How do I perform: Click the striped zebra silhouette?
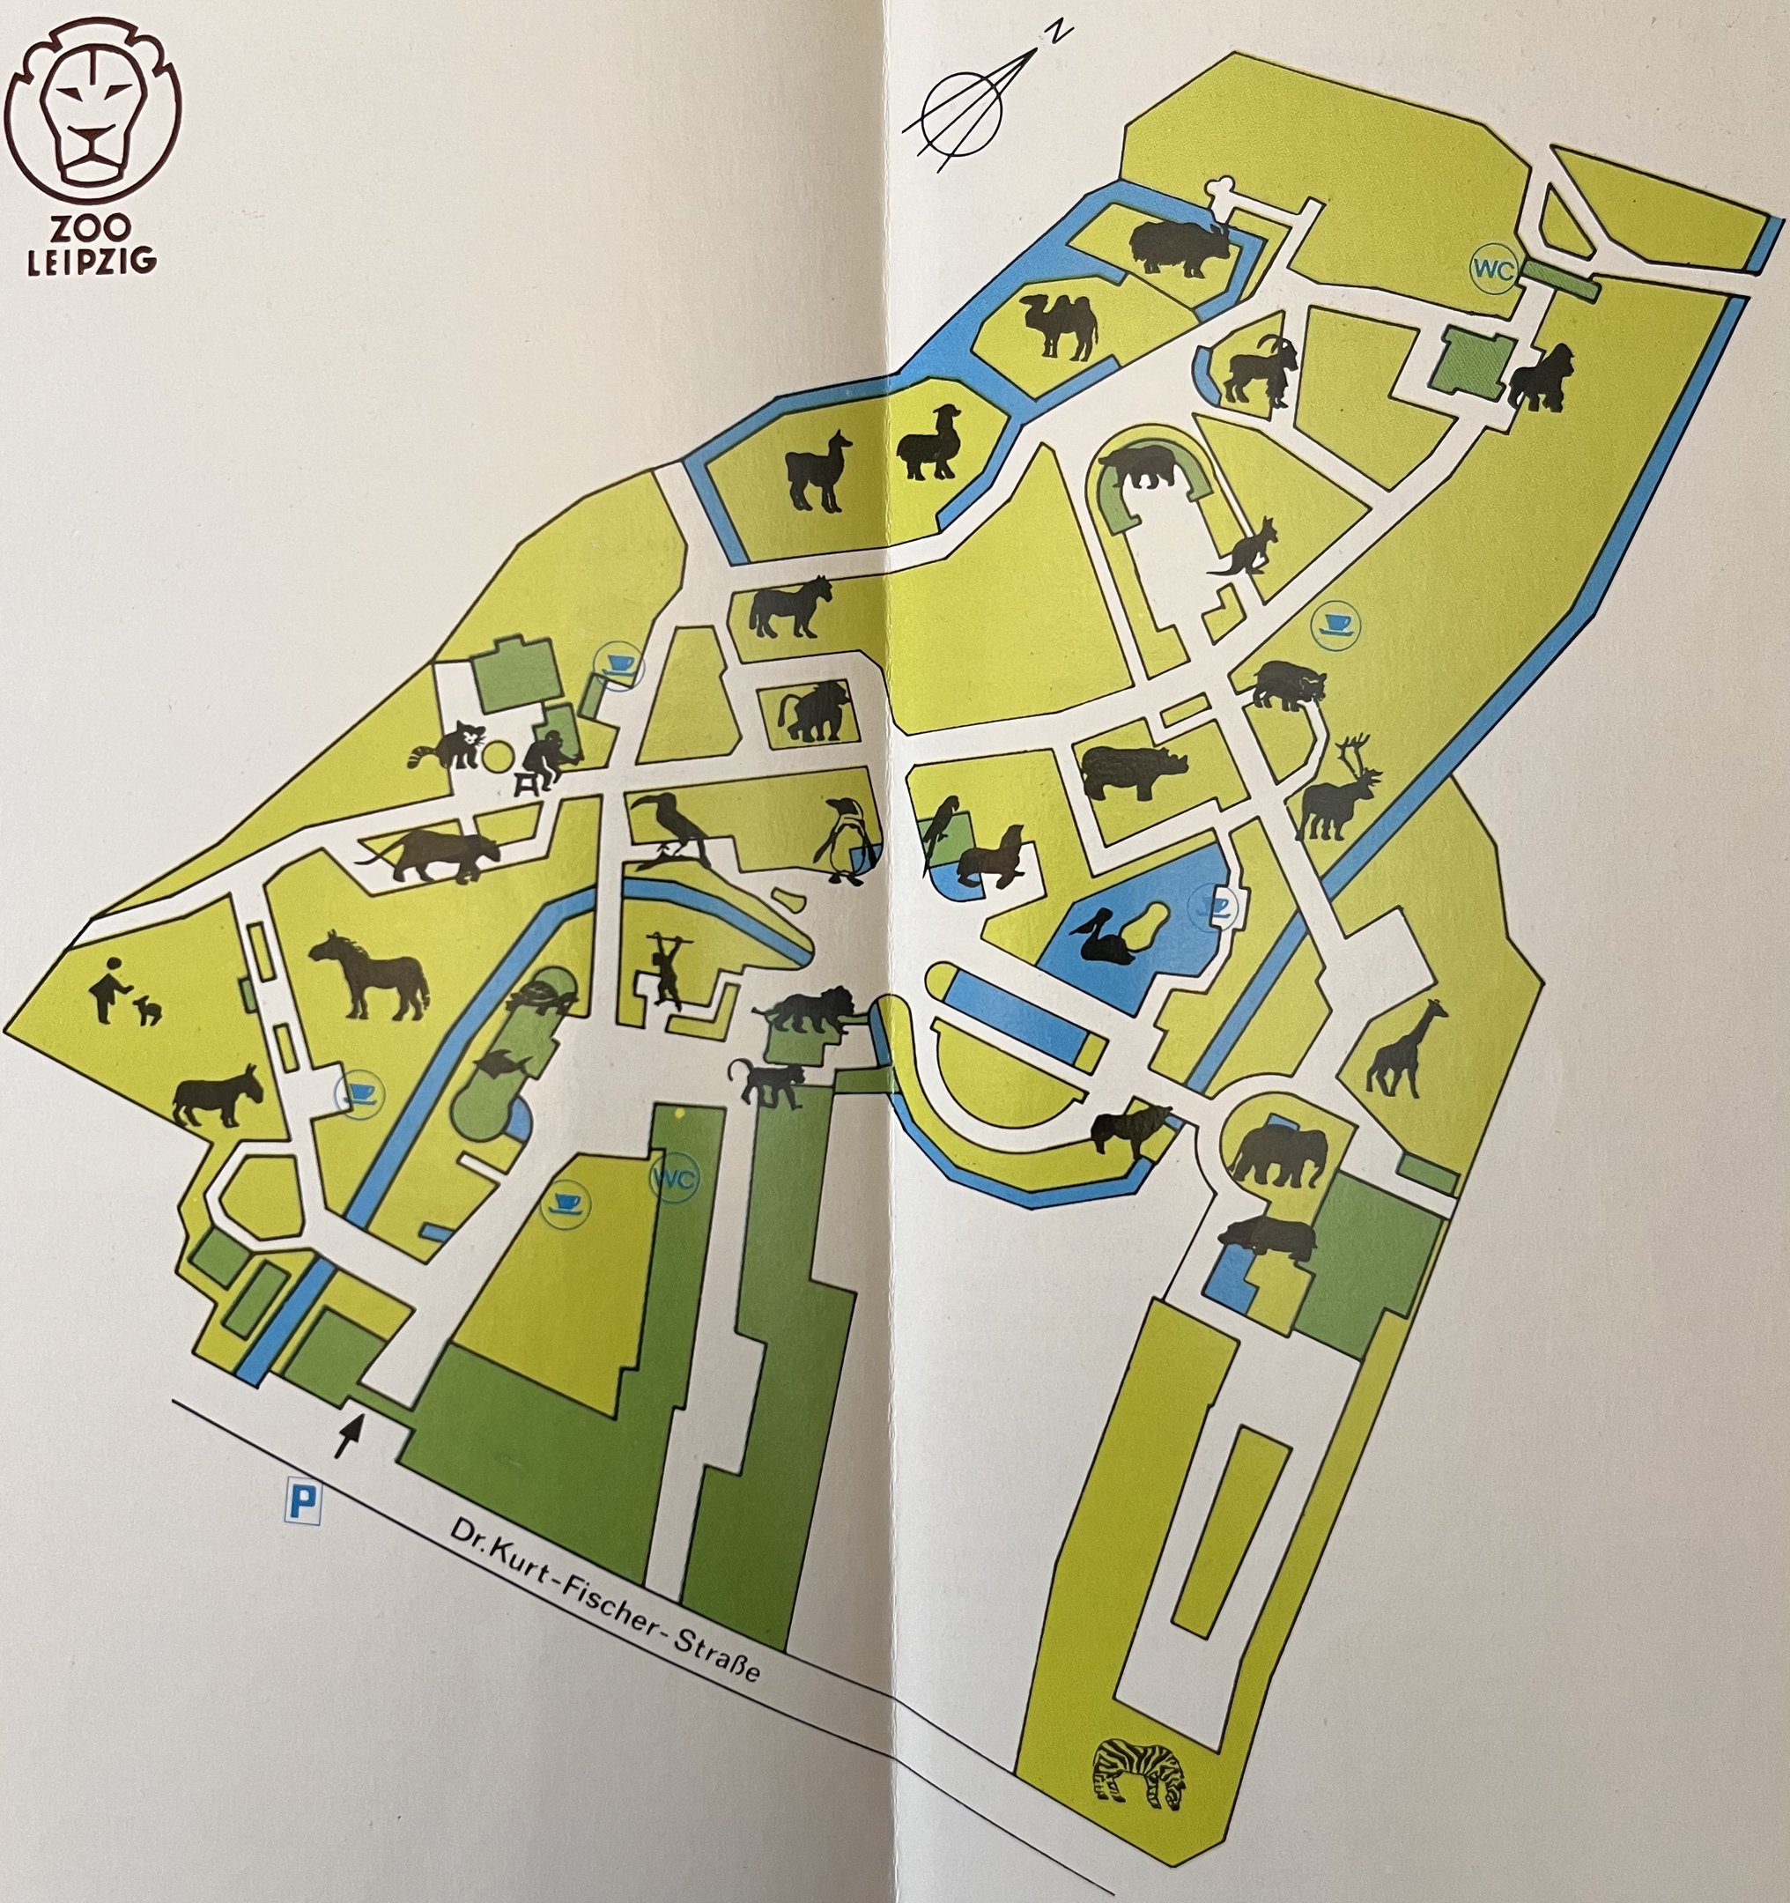[x=1139, y=1773]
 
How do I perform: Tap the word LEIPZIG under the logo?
[x=92, y=262]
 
